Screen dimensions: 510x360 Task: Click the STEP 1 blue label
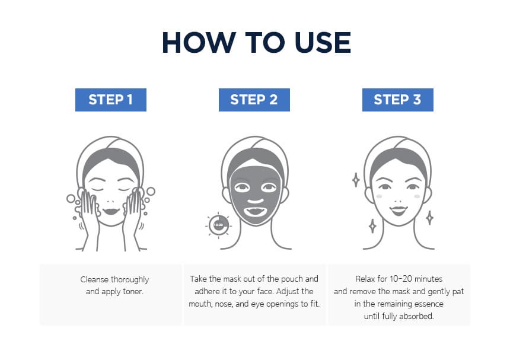(110, 100)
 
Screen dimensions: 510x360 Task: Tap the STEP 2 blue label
(254, 100)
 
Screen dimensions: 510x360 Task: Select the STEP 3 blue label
(397, 100)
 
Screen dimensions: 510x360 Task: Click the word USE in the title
(323, 43)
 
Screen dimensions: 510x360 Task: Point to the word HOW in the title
(199, 43)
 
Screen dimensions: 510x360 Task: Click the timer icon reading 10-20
(218, 225)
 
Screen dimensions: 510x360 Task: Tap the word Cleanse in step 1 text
(94, 279)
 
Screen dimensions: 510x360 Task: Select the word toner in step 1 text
(133, 291)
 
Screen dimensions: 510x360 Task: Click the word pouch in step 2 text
(292, 279)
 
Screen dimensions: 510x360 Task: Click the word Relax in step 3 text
(365, 279)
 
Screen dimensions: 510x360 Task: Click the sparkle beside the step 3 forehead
(356, 180)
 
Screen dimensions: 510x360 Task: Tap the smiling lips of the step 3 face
(399, 211)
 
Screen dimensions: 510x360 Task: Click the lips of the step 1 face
(111, 211)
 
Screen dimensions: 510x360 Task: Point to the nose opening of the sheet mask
(256, 201)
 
